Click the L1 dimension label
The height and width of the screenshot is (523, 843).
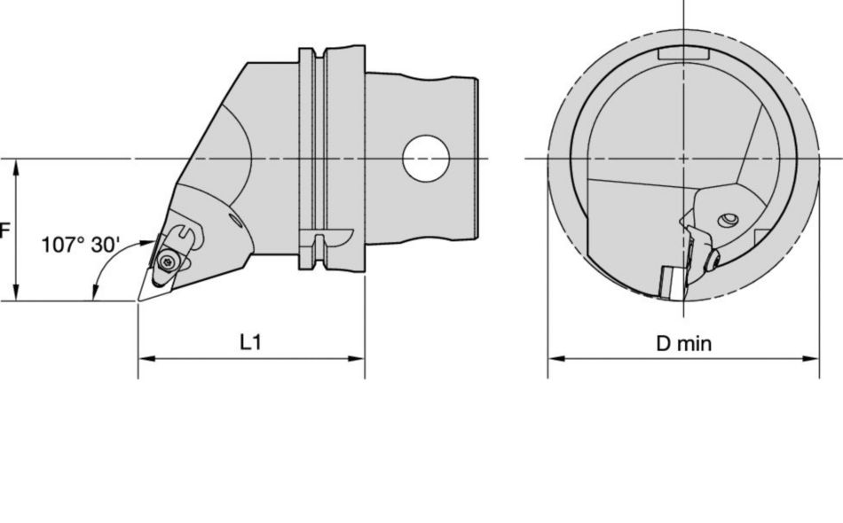[251, 343]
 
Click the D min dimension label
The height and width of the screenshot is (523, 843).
[683, 343]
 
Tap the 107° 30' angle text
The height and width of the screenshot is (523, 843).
[81, 246]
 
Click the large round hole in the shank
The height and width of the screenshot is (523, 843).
[426, 159]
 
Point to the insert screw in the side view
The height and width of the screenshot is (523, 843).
[168, 262]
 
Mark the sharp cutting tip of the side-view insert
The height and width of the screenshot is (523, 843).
[138, 300]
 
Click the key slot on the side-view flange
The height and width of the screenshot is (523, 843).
[327, 238]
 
